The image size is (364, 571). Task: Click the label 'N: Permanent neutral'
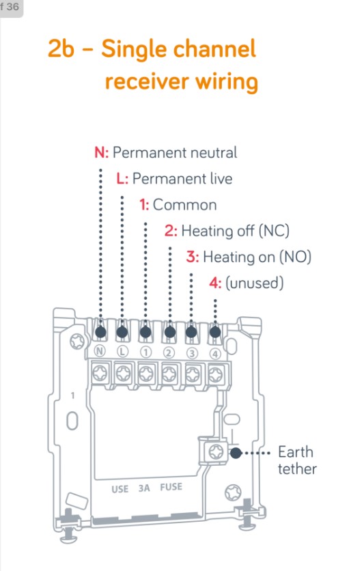(x=166, y=152)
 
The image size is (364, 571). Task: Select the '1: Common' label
(x=178, y=205)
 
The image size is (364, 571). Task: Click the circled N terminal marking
(x=100, y=352)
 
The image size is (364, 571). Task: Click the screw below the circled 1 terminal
(x=145, y=374)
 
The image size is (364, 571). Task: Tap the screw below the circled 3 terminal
(x=192, y=374)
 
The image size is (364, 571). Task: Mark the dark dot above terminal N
(x=100, y=333)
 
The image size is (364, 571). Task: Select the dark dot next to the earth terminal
(x=236, y=453)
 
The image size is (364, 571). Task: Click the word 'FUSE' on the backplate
(x=171, y=489)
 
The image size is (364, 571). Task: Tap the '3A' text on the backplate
(x=144, y=489)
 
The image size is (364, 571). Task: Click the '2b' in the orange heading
(x=62, y=49)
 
